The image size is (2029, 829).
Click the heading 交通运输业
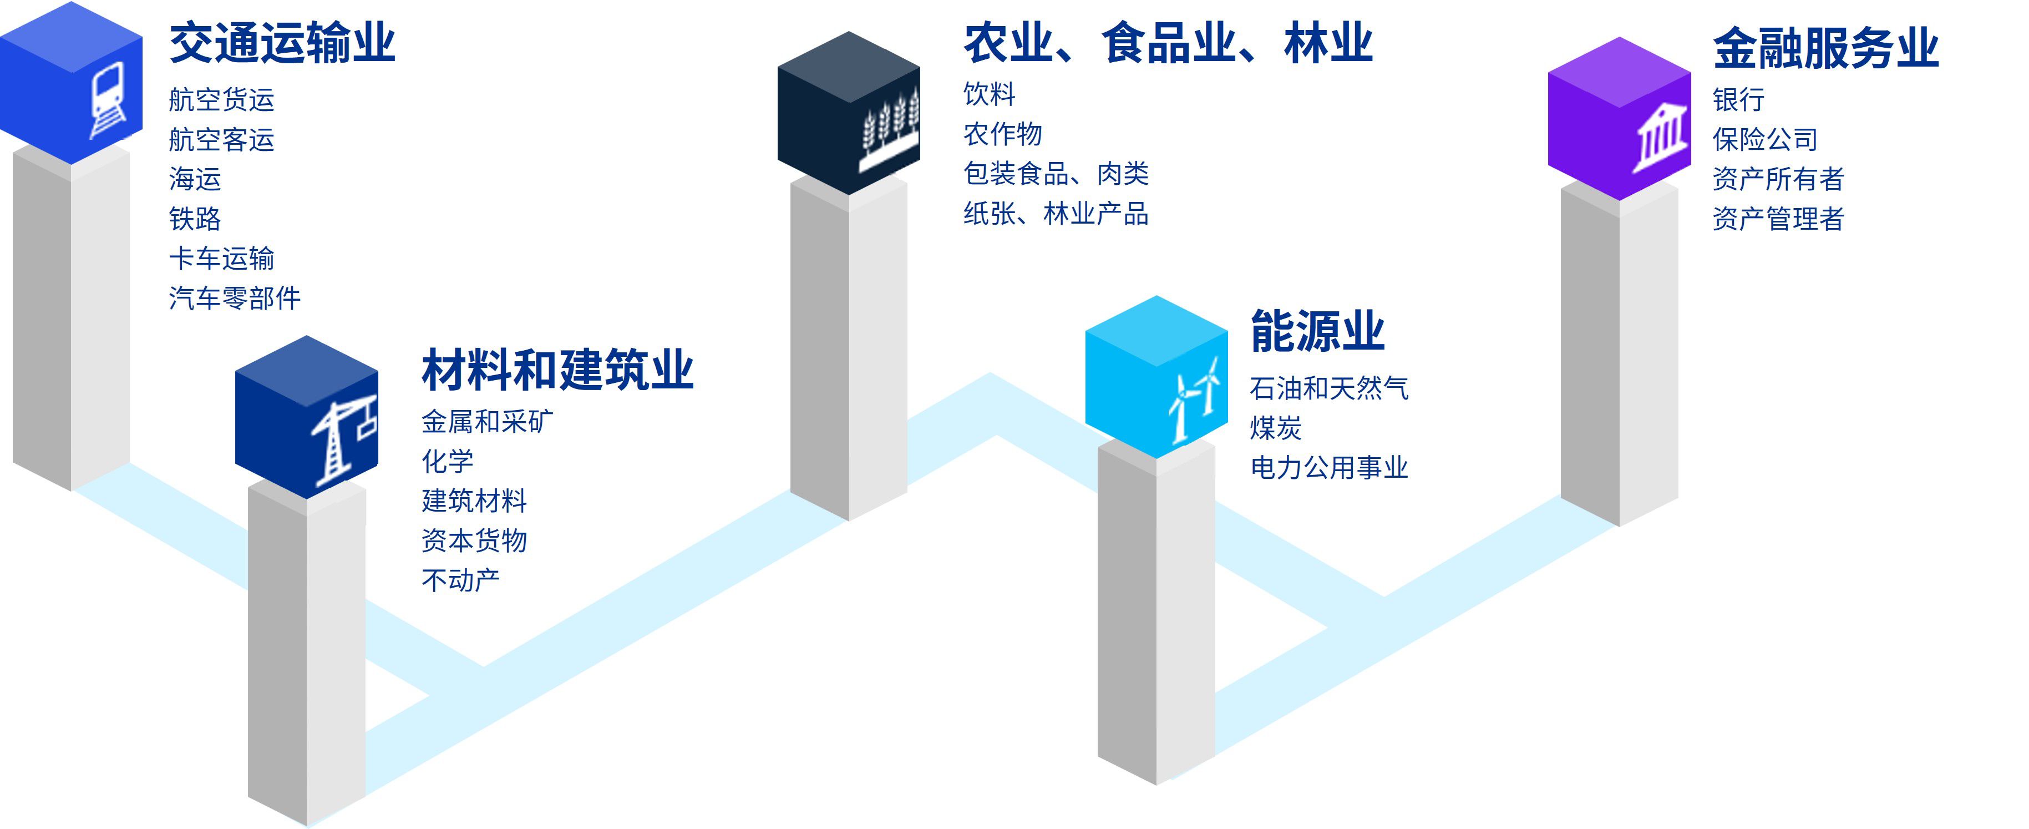(x=282, y=43)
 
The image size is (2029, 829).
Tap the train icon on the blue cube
(x=108, y=100)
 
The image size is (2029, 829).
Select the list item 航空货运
(x=221, y=100)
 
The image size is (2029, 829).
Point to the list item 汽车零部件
(x=235, y=298)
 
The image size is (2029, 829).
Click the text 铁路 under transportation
(x=195, y=218)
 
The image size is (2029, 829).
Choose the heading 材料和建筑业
(x=557, y=370)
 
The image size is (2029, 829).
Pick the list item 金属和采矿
(x=487, y=422)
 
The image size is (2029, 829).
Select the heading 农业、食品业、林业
(x=1168, y=43)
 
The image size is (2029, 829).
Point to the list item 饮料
(x=990, y=94)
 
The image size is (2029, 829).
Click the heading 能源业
(x=1317, y=331)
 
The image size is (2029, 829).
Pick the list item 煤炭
(x=1275, y=428)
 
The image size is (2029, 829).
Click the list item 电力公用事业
(x=1329, y=467)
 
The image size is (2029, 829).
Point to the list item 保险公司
(x=1764, y=139)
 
